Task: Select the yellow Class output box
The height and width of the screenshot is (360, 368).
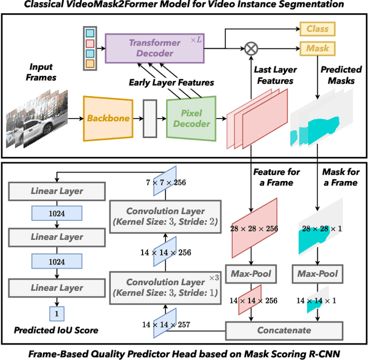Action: (x=317, y=28)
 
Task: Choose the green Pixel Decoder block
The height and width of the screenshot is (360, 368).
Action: (x=191, y=118)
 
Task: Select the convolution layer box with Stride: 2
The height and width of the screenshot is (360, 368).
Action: (x=165, y=216)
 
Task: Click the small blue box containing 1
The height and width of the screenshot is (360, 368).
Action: (x=56, y=313)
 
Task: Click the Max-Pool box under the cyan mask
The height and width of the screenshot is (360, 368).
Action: (x=317, y=273)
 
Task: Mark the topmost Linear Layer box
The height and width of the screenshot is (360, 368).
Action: (x=56, y=191)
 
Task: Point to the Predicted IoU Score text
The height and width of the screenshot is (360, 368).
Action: (x=56, y=330)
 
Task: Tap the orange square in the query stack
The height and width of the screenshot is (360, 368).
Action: (x=89, y=63)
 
